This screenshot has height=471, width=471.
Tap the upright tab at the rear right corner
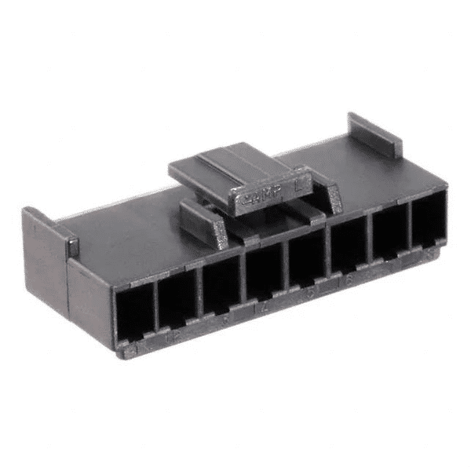[x=375, y=135]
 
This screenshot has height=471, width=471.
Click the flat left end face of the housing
[x=88, y=302]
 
